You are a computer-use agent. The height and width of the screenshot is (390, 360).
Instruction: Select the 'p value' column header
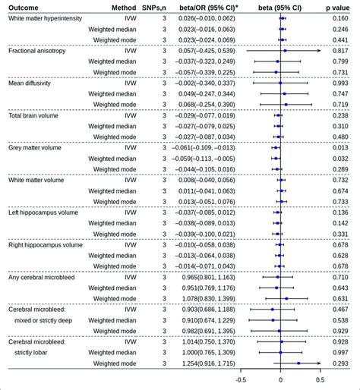(341, 6)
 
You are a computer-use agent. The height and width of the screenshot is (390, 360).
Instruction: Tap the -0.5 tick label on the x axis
(241, 380)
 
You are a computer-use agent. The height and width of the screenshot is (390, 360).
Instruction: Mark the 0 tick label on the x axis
(280, 380)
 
